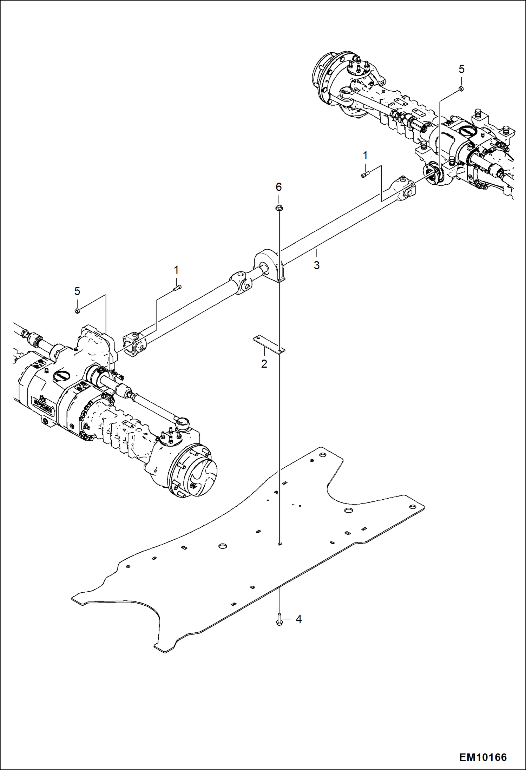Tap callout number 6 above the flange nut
point(278,187)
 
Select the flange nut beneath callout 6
point(278,208)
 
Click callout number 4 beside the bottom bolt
point(298,619)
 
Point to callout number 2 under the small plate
point(264,364)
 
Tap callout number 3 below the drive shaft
point(316,265)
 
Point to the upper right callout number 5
point(461,70)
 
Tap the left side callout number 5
point(77,291)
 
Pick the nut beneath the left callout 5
point(77,311)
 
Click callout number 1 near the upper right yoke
point(365,156)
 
